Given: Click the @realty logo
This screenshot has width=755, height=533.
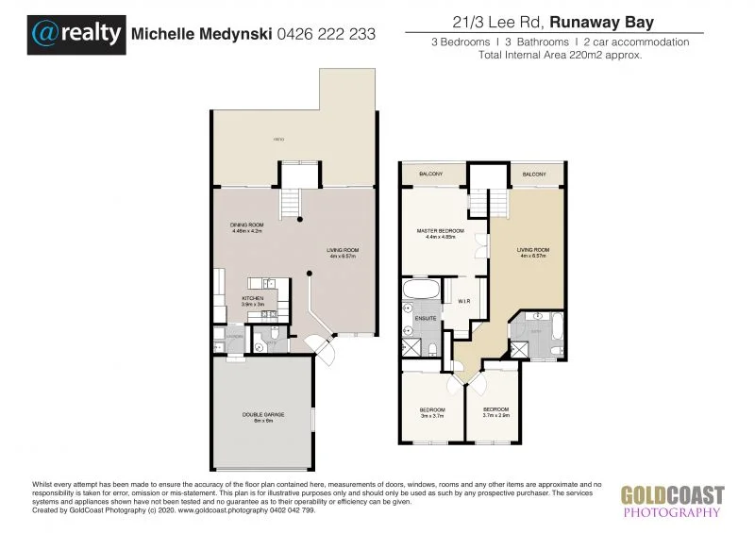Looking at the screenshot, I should point(77,34).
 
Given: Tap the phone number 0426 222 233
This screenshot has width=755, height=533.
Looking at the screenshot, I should point(327,34).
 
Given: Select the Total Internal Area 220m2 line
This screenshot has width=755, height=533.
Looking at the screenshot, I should point(561,55).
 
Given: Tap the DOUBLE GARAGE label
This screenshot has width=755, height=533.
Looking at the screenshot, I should point(262,414).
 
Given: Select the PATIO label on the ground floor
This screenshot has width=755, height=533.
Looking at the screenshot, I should point(278,140).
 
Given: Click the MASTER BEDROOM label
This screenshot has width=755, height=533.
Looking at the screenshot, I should point(441,231).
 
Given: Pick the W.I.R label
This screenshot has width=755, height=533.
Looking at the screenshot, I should point(464,302).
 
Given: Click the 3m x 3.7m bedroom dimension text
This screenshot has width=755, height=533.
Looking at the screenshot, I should point(432,415).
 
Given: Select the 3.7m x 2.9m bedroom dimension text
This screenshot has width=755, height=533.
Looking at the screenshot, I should point(496,415).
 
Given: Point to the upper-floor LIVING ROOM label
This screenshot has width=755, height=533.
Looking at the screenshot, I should point(534,250).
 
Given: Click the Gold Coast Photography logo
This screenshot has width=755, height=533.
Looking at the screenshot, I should point(672,500).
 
